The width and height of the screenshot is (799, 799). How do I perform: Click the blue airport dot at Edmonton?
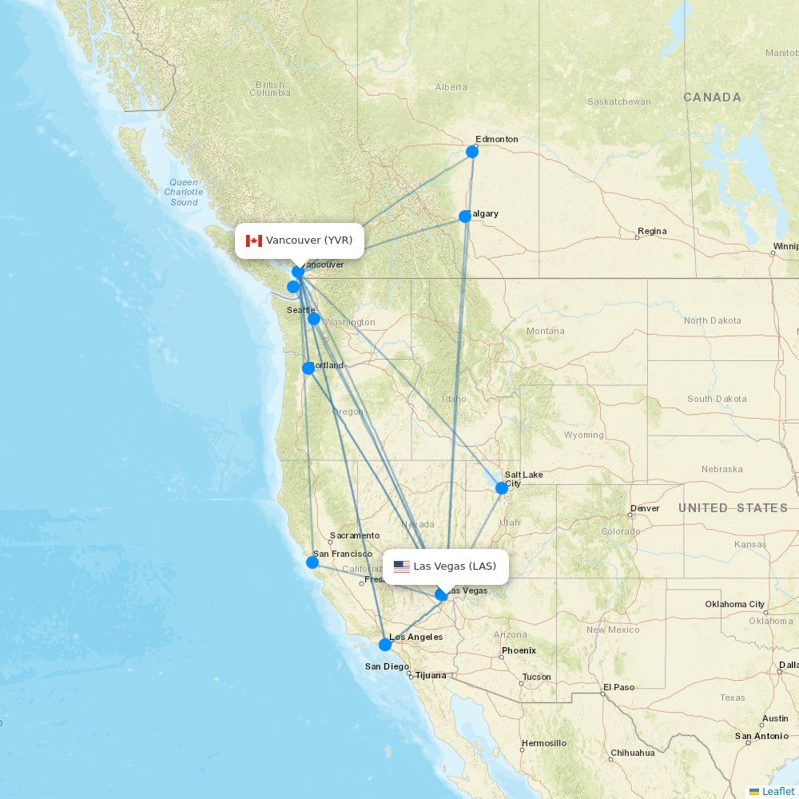[x=472, y=151]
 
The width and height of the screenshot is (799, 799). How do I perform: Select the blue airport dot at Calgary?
[x=465, y=216]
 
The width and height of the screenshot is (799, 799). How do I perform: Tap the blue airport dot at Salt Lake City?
[x=502, y=487]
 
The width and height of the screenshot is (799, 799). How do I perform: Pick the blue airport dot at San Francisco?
[x=312, y=562]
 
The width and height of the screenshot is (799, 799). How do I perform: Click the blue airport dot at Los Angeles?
[x=385, y=644]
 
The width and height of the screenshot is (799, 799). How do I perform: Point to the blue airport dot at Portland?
[x=308, y=368]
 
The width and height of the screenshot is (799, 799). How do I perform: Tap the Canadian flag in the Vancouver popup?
[x=254, y=240]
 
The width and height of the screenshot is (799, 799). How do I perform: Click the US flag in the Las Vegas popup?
[x=401, y=566]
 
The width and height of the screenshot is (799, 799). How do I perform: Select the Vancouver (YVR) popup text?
[x=309, y=240]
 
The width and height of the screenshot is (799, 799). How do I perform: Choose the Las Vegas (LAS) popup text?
[x=455, y=566]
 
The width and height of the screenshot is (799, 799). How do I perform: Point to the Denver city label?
[x=645, y=508]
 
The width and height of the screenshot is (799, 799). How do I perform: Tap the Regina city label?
[x=652, y=232]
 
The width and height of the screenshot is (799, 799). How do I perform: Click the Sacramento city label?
[x=355, y=535]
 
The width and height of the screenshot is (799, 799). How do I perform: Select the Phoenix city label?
[x=519, y=650]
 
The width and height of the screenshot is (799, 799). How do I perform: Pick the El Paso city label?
[x=618, y=687]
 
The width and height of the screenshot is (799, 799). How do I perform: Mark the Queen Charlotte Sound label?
[x=184, y=193]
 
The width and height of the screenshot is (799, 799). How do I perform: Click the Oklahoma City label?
[x=734, y=604]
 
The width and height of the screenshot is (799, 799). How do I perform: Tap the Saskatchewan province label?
[x=618, y=102]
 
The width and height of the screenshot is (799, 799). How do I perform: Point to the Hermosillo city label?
[x=543, y=743]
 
